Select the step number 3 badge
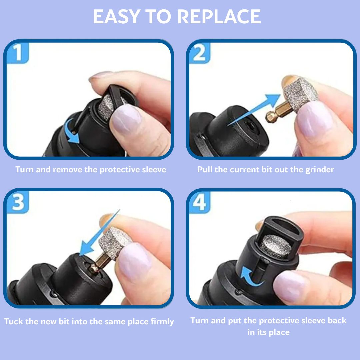(18, 202)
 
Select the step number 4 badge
(200, 202)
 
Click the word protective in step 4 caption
(280, 321)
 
